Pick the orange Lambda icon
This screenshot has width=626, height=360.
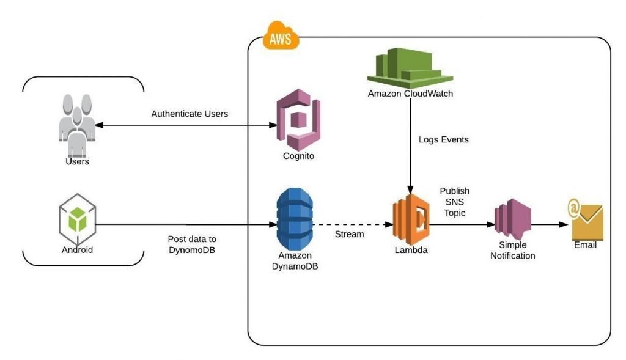(411, 219)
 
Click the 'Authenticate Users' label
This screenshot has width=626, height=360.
(190, 114)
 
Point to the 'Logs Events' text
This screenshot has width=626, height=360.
(444, 139)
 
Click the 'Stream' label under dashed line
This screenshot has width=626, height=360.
(349, 234)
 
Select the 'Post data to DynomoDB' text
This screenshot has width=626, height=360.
(192, 244)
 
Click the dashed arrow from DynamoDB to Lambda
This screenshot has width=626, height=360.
(352, 224)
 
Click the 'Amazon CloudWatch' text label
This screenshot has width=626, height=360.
(410, 94)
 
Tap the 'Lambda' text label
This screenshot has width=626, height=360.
(410, 250)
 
